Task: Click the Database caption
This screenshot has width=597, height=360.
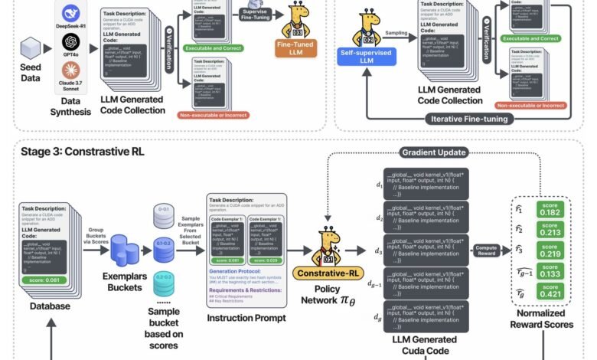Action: click(48, 306)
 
